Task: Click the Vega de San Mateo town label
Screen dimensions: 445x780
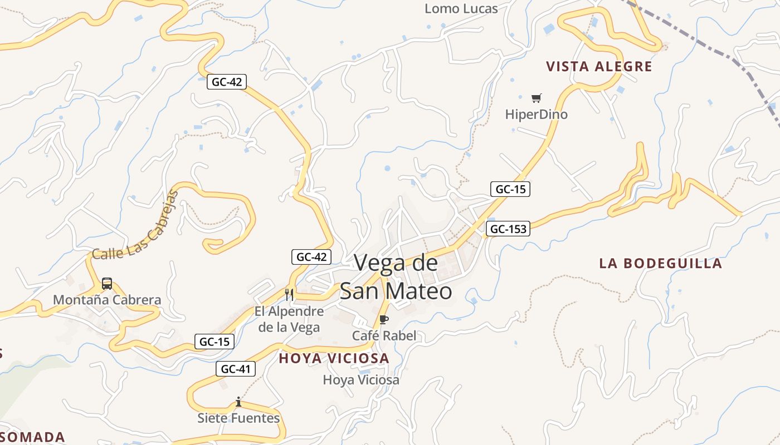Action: coord(396,276)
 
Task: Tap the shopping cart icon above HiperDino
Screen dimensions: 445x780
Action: coord(536,98)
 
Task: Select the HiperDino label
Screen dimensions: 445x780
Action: coord(536,115)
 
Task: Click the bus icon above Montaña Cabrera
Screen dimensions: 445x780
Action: coord(107,284)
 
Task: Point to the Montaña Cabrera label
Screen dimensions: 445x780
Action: coord(107,300)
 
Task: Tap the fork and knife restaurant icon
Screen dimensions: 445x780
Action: coord(289,294)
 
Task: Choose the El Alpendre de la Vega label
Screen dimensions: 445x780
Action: coord(289,319)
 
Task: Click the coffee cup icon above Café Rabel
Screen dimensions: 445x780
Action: coord(383,319)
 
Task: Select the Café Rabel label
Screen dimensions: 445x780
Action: coord(384,335)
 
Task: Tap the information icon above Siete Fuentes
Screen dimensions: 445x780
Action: coord(238,402)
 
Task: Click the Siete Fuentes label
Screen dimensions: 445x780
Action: coord(238,418)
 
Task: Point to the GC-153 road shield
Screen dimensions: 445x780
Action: coord(508,229)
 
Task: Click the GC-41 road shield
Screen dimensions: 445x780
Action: coord(236,369)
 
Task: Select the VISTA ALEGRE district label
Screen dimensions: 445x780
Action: coord(599,67)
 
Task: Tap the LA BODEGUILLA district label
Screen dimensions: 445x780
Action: coord(661,263)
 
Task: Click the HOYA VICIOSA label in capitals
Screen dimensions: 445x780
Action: coord(334,358)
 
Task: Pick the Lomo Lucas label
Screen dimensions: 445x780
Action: coord(461,8)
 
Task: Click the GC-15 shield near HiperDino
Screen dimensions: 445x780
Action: coord(510,189)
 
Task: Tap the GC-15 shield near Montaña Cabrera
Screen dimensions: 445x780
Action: coord(214,342)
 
